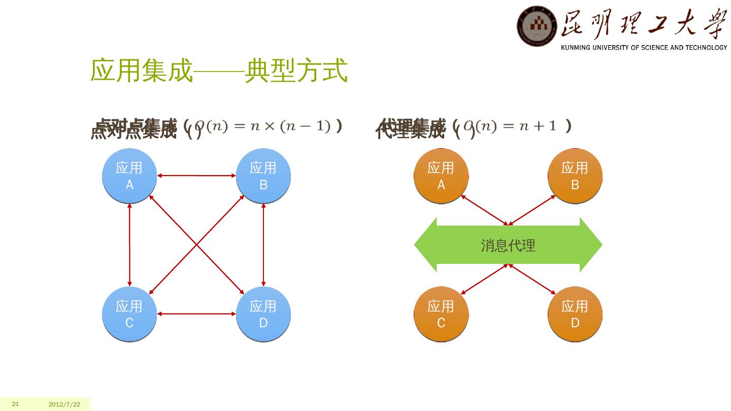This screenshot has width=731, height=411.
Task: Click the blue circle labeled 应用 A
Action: tap(129, 176)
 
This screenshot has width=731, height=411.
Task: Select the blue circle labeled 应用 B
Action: tap(263, 176)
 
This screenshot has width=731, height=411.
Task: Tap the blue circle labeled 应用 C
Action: tap(129, 314)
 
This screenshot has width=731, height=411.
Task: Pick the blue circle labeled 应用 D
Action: tap(263, 314)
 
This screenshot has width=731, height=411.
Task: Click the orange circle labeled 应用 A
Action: tap(441, 176)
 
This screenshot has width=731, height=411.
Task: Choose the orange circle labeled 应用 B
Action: tap(575, 176)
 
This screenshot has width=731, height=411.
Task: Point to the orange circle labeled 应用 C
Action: tap(441, 314)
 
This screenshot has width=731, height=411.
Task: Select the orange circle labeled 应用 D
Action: tap(575, 314)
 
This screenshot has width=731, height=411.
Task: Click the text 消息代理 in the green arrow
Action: tap(508, 246)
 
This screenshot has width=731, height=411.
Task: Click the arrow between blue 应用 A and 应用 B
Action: tap(196, 176)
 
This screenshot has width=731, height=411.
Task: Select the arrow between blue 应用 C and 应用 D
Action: tap(196, 314)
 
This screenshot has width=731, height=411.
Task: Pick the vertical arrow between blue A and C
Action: tap(130, 245)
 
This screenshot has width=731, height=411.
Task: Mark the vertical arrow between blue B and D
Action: tap(263, 245)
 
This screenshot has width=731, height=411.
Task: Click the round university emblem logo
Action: tap(537, 26)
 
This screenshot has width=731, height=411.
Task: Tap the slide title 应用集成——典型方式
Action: tap(219, 71)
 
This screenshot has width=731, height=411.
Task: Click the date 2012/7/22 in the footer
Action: tap(64, 404)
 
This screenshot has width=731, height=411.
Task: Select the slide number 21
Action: tap(15, 404)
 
